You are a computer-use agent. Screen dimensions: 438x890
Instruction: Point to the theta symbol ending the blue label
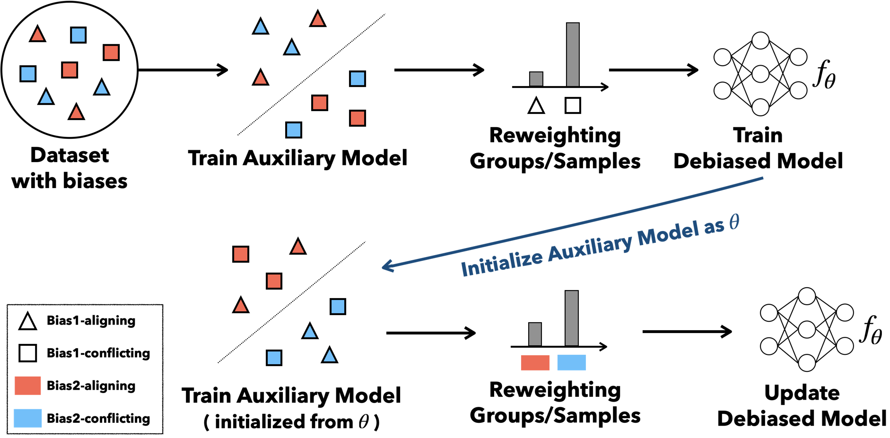coord(734,221)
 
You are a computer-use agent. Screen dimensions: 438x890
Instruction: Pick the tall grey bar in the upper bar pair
coord(573,54)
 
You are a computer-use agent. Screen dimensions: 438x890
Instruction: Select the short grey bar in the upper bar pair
coord(536,79)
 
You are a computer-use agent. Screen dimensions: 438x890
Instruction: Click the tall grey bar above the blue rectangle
coord(571,318)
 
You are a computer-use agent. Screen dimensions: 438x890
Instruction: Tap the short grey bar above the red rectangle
coord(535,334)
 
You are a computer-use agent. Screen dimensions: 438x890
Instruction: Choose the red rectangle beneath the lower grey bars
coord(535,362)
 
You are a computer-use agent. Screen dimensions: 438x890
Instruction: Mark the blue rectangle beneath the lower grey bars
coord(571,362)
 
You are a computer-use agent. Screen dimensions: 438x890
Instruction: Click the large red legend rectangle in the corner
coord(28,386)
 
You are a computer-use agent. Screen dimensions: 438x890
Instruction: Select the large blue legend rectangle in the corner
coord(28,418)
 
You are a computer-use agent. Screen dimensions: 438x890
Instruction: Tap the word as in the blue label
coord(714,226)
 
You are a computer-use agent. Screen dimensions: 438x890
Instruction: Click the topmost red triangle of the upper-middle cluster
coord(318,20)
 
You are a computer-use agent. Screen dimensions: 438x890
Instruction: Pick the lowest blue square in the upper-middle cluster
coord(294,130)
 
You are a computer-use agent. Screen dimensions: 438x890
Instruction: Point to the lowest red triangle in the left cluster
coord(76,113)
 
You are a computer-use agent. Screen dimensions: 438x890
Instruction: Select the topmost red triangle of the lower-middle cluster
coord(298,248)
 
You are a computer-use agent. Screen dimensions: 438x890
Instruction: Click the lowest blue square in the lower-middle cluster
coord(274,358)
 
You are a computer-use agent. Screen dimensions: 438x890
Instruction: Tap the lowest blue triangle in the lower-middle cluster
coord(330,356)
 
